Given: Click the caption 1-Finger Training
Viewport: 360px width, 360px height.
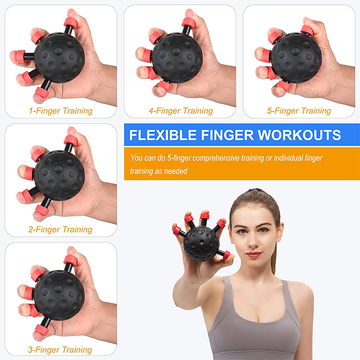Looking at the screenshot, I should (x=60, y=111).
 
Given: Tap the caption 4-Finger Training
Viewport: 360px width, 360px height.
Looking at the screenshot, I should (x=180, y=111).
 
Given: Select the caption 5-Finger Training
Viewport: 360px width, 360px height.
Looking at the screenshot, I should (x=299, y=111).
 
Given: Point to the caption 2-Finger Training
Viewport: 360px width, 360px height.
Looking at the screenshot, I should (x=60, y=230).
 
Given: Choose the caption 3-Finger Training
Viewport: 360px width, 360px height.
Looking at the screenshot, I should (x=60, y=350).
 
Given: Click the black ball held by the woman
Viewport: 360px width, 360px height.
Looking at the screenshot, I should (x=202, y=243).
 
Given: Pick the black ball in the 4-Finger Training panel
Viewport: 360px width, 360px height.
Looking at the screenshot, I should (x=177, y=57).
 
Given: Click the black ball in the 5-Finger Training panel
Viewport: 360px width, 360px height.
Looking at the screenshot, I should (x=296, y=57).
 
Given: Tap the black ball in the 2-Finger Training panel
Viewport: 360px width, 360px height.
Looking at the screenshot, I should (x=59, y=175).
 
